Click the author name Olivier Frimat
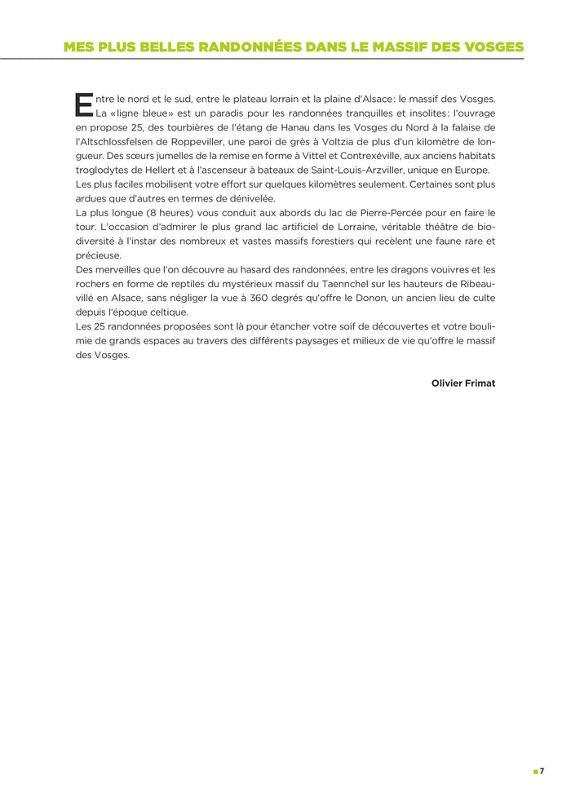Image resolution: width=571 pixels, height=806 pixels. pyautogui.click(x=463, y=383)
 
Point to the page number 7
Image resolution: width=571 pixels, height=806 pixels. pyautogui.click(x=542, y=771)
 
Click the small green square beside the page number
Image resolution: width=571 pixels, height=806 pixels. pyautogui.click(x=534, y=771)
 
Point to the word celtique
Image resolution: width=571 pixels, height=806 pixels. pyautogui.click(x=166, y=312)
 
